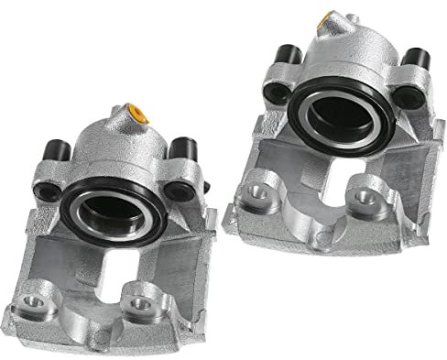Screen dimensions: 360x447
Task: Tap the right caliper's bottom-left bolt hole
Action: [248, 194]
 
